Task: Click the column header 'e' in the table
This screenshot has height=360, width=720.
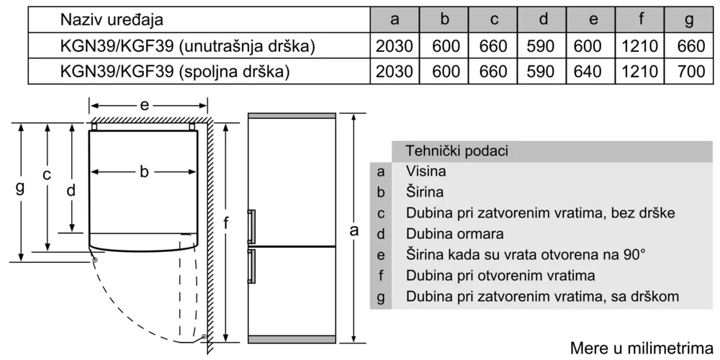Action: pos(593,19)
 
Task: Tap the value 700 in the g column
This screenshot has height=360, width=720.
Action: pos(690,71)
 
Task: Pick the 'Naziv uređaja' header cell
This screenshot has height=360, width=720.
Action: pos(112,19)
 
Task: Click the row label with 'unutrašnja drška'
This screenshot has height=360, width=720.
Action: pos(187,46)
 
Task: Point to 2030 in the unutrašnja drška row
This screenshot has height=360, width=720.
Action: pos(395,46)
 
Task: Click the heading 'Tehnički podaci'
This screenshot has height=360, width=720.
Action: pos(457,151)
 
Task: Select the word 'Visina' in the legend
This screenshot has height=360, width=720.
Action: pos(426,172)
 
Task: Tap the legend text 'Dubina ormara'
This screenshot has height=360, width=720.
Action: pos(454,234)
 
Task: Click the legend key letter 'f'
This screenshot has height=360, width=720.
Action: pos(381,276)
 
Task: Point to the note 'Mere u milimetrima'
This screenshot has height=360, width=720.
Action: pos(642,347)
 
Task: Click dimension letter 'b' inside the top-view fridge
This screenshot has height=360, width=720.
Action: pos(144,172)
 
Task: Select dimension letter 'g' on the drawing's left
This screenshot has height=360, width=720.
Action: pos(19,188)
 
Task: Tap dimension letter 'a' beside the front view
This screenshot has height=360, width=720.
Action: pos(354,230)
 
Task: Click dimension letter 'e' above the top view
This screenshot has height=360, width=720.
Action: pos(145,106)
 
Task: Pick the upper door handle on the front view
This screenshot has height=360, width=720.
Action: pos(251,226)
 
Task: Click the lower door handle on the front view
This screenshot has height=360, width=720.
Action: pos(251,267)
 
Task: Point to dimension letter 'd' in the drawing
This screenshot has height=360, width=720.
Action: pos(71,189)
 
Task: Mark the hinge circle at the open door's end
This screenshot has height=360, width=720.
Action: pos(204,338)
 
